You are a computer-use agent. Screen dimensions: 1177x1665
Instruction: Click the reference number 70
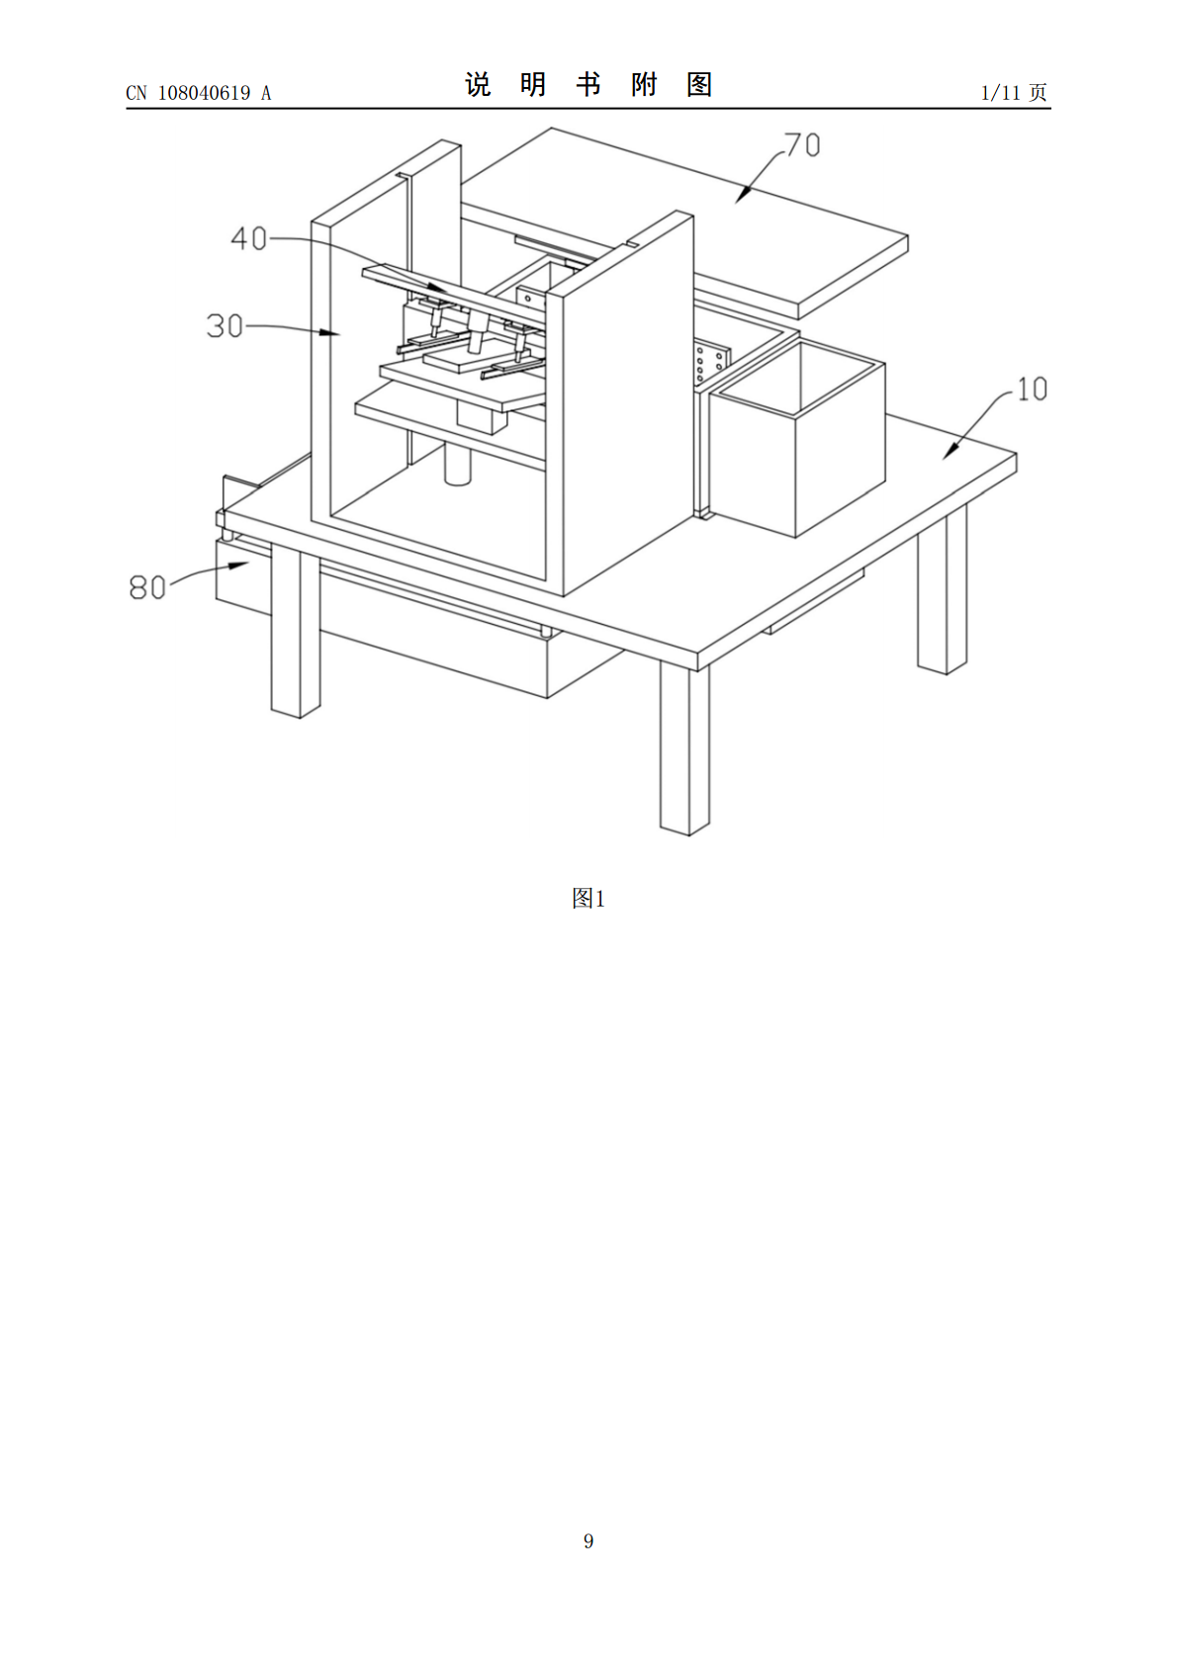pos(802,145)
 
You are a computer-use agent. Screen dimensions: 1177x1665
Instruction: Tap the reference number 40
pos(248,238)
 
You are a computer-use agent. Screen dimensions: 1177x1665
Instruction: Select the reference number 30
pos(225,326)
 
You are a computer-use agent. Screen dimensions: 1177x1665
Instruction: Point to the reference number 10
pos(1032,389)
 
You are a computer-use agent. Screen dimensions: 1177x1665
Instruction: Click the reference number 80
pos(147,587)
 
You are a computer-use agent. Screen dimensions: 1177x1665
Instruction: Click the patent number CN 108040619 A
pos(199,93)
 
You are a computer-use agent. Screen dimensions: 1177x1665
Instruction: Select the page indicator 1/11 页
pos(1014,92)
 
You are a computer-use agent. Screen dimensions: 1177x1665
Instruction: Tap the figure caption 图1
pos(588,899)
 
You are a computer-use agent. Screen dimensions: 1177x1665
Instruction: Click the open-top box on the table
pos(797,439)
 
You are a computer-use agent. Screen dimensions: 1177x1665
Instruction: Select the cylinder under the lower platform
pos(458,463)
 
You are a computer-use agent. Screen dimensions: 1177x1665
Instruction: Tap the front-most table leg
pos(684,747)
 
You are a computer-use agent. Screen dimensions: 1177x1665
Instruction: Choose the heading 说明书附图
pos(588,85)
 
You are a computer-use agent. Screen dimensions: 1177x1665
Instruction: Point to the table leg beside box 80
pos(296,631)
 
